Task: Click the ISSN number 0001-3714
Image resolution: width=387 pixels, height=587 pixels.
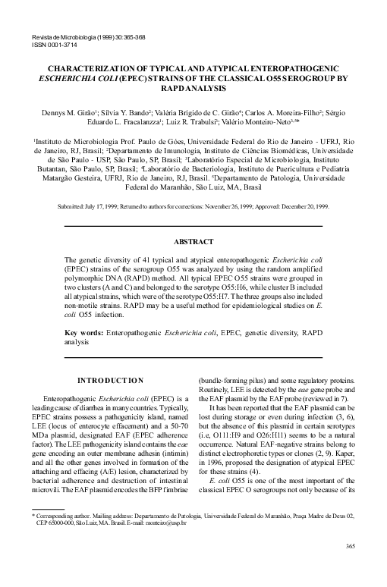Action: [x=49, y=44]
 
